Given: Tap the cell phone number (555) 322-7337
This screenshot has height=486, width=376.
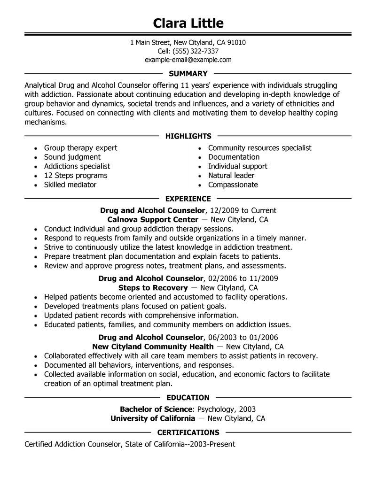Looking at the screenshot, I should pyautogui.click(x=196, y=51).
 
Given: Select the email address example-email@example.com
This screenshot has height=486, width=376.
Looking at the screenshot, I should pyautogui.click(x=188, y=60).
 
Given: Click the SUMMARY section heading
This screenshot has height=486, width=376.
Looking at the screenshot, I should pyautogui.click(x=188, y=74).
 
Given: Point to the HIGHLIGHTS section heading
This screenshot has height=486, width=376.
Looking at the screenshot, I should pyautogui.click(x=188, y=136).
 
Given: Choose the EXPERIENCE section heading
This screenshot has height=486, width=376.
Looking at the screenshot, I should pyautogui.click(x=188, y=199).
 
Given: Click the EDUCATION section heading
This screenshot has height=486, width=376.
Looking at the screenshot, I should pyautogui.click(x=188, y=397).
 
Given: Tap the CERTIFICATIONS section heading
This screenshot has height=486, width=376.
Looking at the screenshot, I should pyautogui.click(x=188, y=432).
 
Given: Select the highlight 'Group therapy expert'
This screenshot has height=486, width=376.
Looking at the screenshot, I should pyautogui.click(x=80, y=148).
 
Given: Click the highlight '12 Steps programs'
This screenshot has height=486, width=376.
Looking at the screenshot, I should pyautogui.click(x=76, y=175).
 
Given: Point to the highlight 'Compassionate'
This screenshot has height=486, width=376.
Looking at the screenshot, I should pyautogui.click(x=233, y=185).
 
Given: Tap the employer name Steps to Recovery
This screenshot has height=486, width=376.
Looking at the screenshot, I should pyautogui.click(x=153, y=287).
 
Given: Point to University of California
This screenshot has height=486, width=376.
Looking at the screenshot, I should pyautogui.click(x=153, y=418).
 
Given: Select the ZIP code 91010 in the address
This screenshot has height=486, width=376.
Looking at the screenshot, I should pyautogui.click(x=236, y=43).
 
